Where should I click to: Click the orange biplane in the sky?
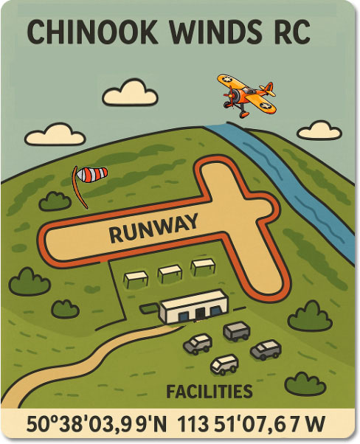(x=247, y=94)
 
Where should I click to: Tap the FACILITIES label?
(x=210, y=392)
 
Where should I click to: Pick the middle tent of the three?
(x=170, y=272)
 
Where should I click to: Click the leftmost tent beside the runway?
(x=136, y=278)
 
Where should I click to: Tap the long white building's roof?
(x=193, y=299)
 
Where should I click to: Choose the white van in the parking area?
(x=224, y=364)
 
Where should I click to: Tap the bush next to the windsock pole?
(x=55, y=200)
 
